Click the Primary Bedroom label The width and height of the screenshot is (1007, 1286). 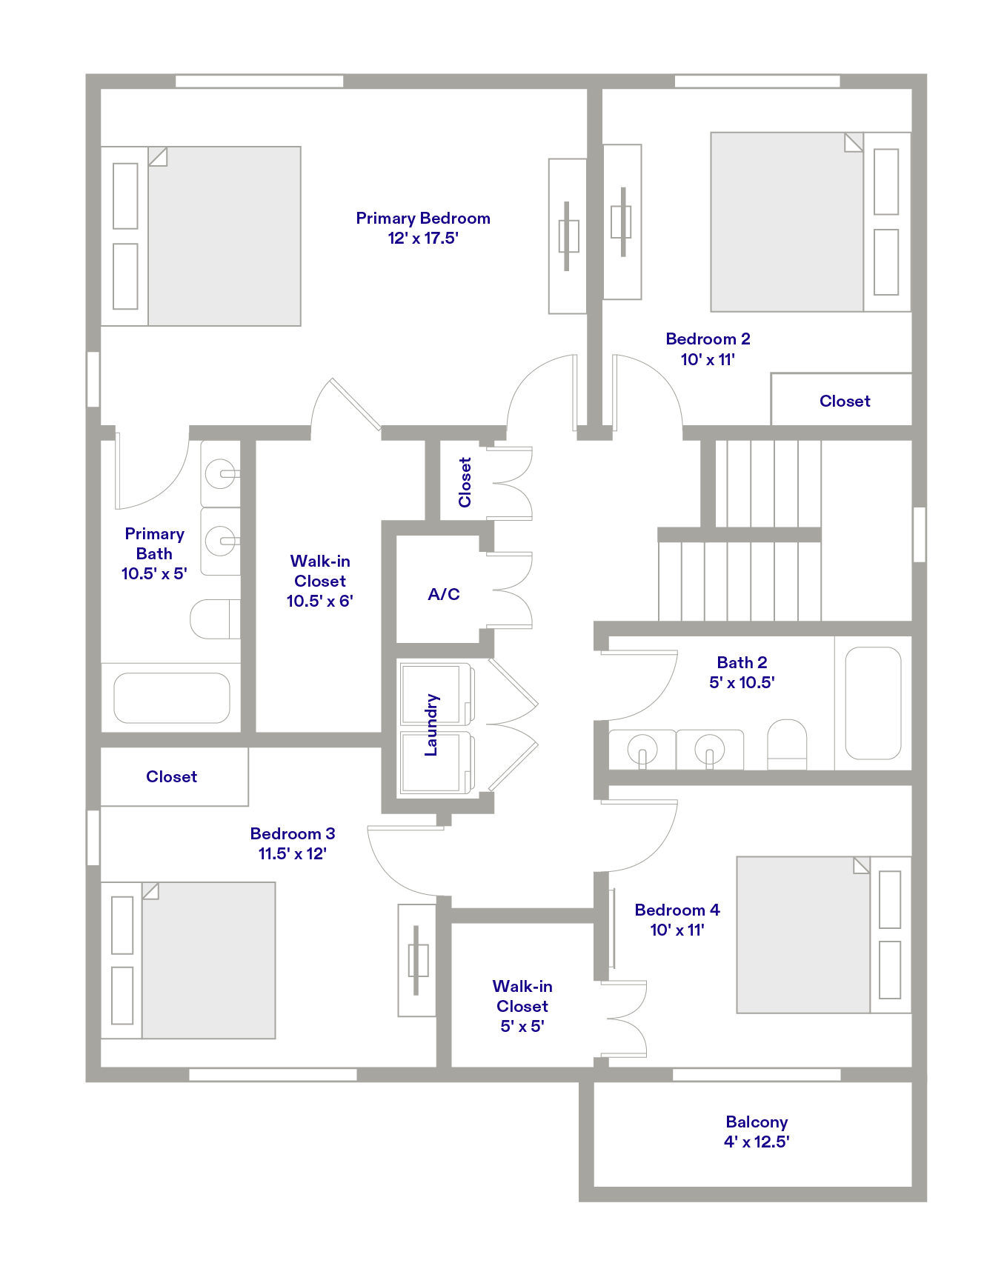point(423,219)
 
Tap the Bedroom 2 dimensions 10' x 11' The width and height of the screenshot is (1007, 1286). point(708,360)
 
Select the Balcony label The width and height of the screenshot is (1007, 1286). point(757,1122)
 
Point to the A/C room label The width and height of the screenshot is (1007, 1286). point(444,594)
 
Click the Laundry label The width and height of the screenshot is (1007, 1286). point(431,725)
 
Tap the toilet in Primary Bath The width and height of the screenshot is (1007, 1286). point(215,619)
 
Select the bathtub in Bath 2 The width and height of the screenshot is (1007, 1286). point(873,704)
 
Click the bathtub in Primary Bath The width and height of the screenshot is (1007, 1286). point(172,698)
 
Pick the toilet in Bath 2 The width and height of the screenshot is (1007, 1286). point(787,744)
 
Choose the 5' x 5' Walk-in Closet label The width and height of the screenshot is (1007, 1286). point(522,1006)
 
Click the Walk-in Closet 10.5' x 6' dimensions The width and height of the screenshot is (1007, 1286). point(320,602)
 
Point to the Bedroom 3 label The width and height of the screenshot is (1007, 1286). point(293,834)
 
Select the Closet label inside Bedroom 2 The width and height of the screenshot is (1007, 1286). point(845,402)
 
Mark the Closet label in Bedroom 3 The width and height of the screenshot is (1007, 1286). point(172,777)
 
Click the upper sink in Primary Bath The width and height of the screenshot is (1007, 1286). point(221,473)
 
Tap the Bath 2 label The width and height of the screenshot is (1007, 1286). point(742,663)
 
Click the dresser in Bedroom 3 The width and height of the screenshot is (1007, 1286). point(417,960)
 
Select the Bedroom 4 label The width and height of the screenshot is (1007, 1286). point(677,910)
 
